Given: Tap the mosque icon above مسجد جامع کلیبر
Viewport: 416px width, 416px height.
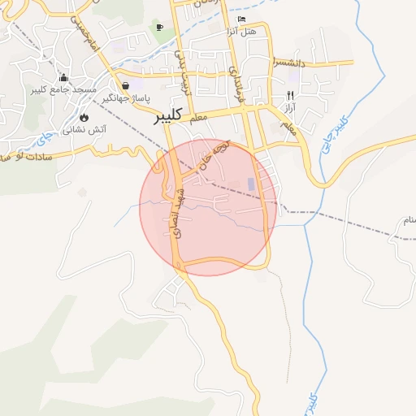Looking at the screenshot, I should [63, 78].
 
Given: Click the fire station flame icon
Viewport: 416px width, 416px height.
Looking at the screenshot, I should [84, 117].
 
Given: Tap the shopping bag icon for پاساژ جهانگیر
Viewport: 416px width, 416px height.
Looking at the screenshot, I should [125, 84].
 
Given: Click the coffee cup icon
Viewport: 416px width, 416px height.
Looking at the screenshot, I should [159, 28].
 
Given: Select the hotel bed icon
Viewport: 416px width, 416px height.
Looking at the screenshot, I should [241, 19].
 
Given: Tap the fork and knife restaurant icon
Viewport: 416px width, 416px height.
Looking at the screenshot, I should [291, 95].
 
